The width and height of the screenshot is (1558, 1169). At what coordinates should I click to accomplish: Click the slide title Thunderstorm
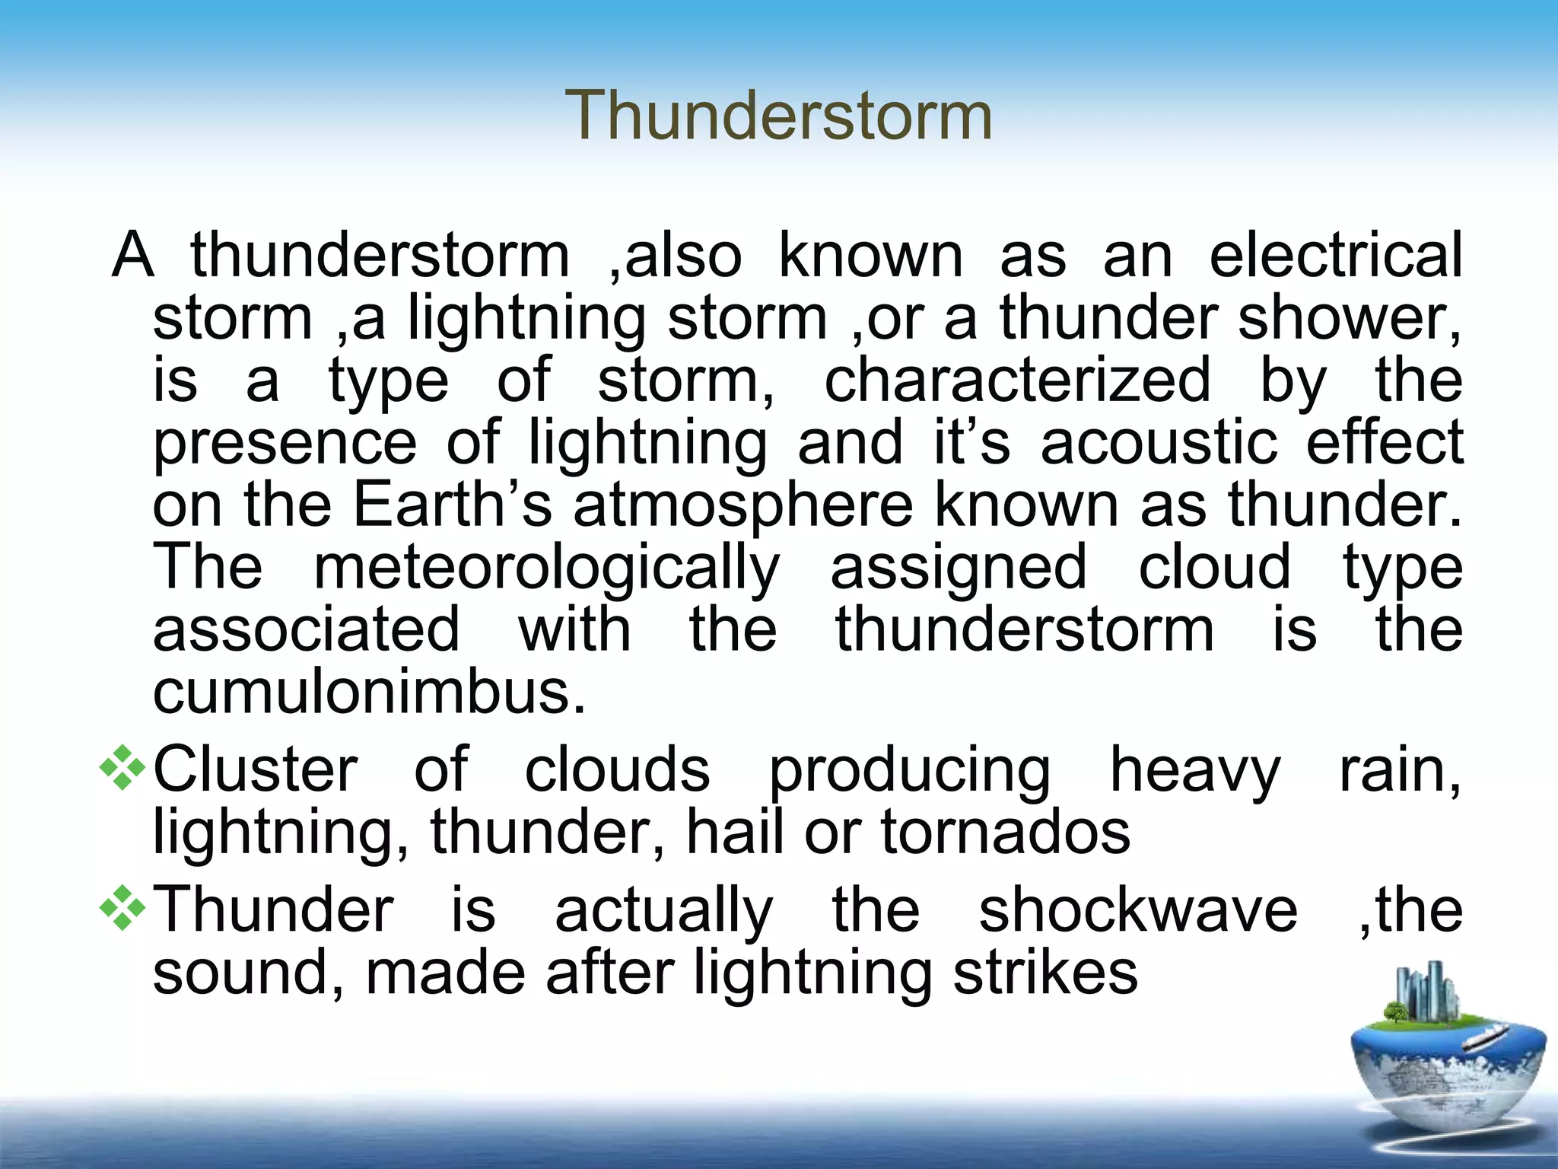[x=778, y=116]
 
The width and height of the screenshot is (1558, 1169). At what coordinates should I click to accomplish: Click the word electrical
[x=1335, y=255]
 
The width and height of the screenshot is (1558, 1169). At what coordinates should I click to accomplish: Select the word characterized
[x=1017, y=380]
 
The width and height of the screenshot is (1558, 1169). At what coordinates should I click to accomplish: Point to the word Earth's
[x=453, y=505]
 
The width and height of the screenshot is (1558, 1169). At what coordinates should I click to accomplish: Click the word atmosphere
[x=742, y=506]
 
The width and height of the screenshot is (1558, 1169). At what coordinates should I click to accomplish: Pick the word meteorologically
[x=546, y=569]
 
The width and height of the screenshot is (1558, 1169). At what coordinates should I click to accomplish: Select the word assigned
[x=959, y=569]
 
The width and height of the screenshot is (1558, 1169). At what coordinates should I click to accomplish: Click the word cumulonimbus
[x=370, y=692]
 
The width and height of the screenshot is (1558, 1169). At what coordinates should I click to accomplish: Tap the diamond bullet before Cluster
[x=122, y=769]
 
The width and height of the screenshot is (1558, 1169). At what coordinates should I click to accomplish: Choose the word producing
[x=910, y=771]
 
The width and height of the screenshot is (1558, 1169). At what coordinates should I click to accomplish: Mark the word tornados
[x=1005, y=832]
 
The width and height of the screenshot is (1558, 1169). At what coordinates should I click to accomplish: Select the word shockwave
[x=1137, y=910]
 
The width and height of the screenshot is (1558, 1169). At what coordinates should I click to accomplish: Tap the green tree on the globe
[x=1395, y=1013]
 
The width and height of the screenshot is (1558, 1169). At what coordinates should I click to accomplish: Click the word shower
[x=1349, y=317]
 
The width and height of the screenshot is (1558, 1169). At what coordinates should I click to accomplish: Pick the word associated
[x=306, y=629]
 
